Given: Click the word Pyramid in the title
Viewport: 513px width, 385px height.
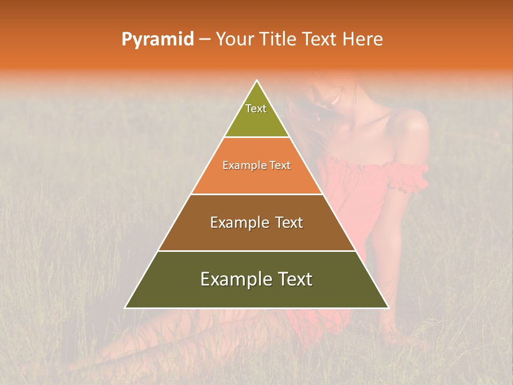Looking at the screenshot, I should point(157,40).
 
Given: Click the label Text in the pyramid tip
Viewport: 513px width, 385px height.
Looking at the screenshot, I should point(256,109).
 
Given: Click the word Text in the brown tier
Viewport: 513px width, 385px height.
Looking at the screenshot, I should point(286,222).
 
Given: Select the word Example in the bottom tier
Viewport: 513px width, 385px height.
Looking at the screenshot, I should point(233,279).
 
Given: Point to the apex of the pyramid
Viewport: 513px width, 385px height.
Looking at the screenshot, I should point(257,81).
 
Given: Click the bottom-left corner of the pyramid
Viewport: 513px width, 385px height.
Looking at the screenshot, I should point(126,307).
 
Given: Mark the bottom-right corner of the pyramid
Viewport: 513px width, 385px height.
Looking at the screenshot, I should point(388,307).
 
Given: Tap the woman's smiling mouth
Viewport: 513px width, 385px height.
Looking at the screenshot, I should point(335,98).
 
